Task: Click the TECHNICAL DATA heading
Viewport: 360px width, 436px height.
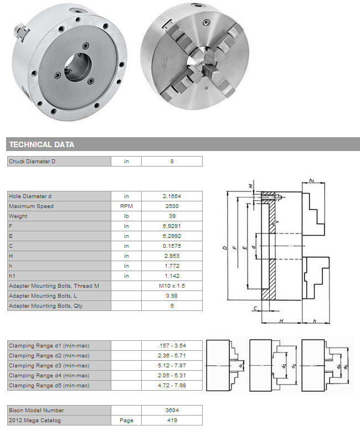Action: (x=42, y=144)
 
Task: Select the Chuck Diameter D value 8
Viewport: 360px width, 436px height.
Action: (x=172, y=161)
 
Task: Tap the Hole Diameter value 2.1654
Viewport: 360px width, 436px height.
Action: (x=172, y=196)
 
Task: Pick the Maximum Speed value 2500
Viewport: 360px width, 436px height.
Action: (x=172, y=206)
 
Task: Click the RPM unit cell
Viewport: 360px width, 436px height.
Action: (x=126, y=206)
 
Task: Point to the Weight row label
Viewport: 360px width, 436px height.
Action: (x=18, y=216)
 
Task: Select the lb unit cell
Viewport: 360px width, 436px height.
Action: (x=126, y=216)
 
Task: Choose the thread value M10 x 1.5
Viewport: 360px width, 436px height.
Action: (x=172, y=286)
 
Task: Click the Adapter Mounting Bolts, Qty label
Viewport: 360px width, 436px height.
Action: (x=45, y=306)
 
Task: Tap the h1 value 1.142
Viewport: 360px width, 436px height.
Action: (x=172, y=276)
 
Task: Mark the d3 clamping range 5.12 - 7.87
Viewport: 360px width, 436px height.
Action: (x=172, y=366)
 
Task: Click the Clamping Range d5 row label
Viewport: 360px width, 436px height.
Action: (x=49, y=386)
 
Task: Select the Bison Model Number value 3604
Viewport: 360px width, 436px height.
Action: (x=172, y=411)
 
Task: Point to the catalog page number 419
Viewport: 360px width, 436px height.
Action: (x=172, y=421)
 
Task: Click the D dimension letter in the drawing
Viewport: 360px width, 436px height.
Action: (x=225, y=247)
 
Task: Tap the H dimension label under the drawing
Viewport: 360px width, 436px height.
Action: (x=281, y=321)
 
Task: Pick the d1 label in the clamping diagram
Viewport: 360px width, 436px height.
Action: (x=241, y=365)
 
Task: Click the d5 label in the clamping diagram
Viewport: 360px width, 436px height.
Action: (x=346, y=366)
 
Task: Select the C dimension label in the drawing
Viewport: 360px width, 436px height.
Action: (x=255, y=308)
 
